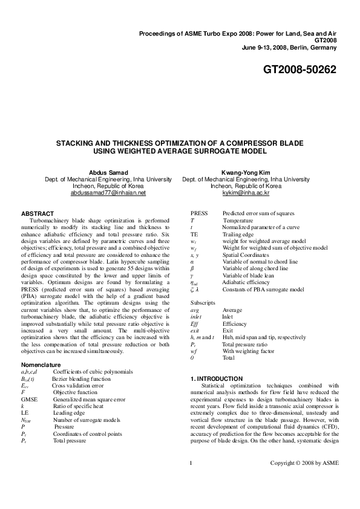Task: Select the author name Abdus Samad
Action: click(108, 172)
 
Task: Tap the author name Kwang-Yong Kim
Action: click(246, 172)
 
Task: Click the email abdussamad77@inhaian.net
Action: click(108, 193)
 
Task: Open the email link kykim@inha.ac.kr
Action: click(246, 193)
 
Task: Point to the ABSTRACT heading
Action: click(38, 213)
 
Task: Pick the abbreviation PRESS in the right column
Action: click(199, 213)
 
